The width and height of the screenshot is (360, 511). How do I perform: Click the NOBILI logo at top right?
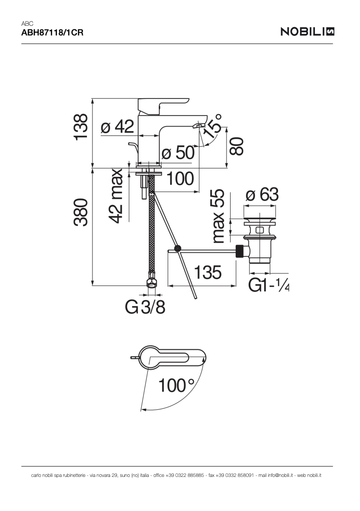[307, 31]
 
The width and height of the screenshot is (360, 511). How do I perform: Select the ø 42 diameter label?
[117, 126]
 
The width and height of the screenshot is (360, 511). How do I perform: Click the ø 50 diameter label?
[178, 152]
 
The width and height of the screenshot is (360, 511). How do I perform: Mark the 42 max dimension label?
[116, 196]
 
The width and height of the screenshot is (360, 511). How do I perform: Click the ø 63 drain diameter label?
[262, 195]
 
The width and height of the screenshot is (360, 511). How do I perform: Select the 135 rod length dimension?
[207, 273]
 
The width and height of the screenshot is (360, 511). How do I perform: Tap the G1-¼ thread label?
[269, 285]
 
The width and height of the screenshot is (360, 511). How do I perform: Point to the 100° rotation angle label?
[176, 385]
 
